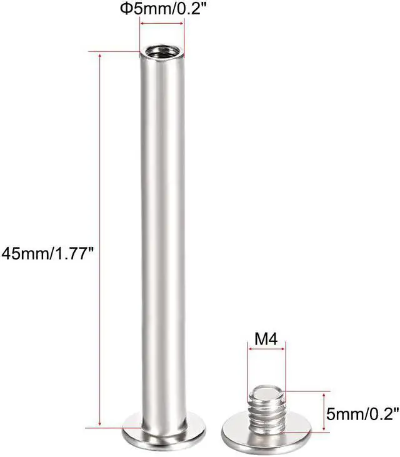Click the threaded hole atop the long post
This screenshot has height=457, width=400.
coord(162,51)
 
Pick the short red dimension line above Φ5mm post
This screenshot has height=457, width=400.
coord(162,24)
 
